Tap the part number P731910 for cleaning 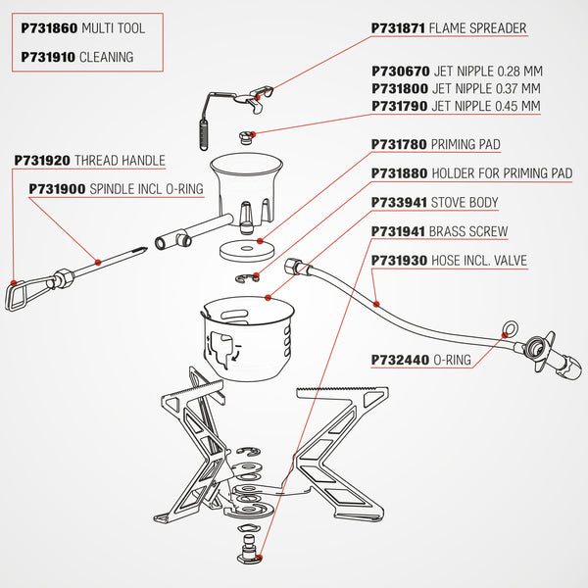[x=47, y=57]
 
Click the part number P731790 [x=400, y=106]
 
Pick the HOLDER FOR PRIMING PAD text [x=501, y=173]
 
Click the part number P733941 [x=400, y=203]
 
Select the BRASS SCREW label [x=468, y=232]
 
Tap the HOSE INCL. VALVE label [x=478, y=261]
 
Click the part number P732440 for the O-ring [x=400, y=360]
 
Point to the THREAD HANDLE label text [x=120, y=160]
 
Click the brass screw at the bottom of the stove [x=247, y=552]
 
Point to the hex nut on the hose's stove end [x=290, y=267]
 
